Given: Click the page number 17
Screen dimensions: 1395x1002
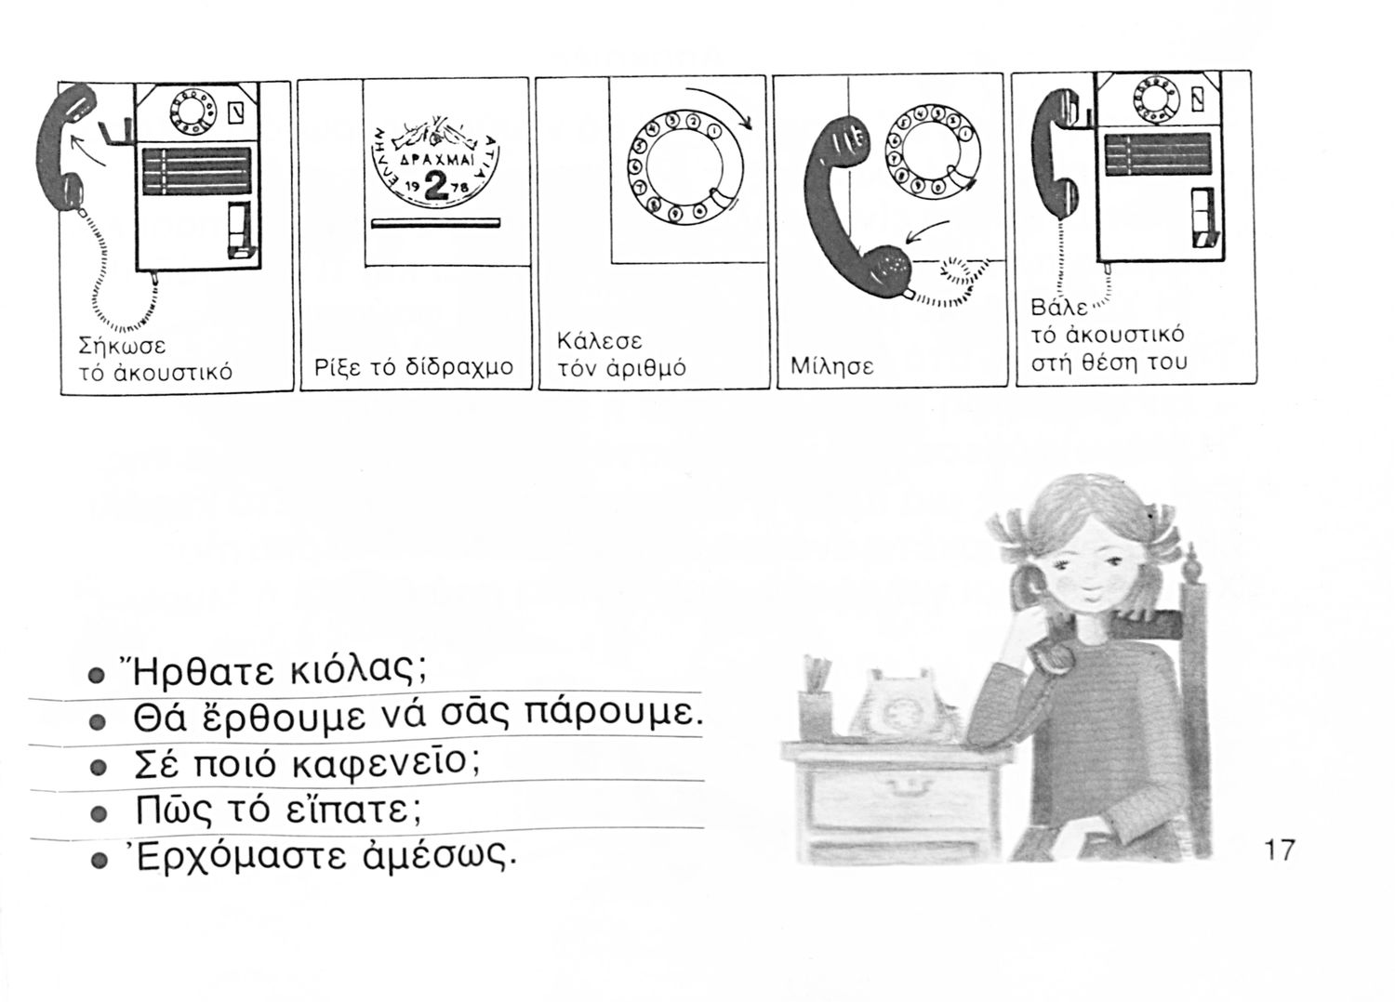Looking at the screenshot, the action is click(x=1280, y=850).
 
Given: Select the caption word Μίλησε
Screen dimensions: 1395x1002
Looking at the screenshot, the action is click(x=832, y=366).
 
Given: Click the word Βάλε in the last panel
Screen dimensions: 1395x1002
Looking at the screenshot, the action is click(x=1059, y=308).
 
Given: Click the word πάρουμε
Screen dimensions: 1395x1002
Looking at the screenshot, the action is click(x=614, y=714).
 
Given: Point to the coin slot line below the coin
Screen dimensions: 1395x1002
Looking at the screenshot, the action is click(x=436, y=223).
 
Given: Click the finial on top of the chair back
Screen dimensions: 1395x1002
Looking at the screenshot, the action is click(x=1192, y=562).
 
